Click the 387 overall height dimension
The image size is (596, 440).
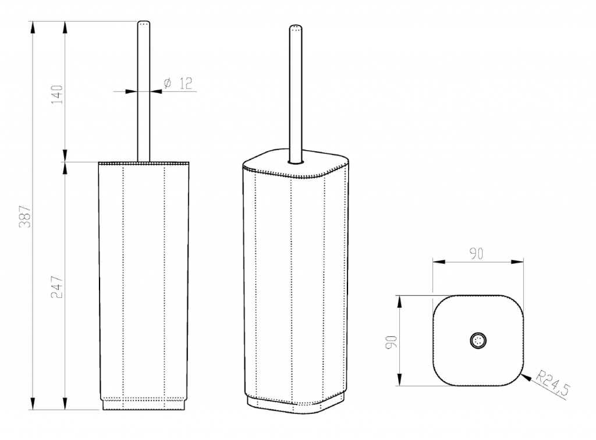pyautogui.click(x=25, y=216)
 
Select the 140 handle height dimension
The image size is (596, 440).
pyautogui.click(x=57, y=95)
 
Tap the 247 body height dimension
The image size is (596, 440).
pyautogui.click(x=57, y=287)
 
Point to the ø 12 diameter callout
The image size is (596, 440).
pyautogui.click(x=178, y=83)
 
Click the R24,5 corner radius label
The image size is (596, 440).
pyautogui.click(x=554, y=384)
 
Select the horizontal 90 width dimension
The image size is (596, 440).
pyautogui.click(x=476, y=253)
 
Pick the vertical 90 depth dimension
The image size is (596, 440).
pyautogui.click(x=391, y=342)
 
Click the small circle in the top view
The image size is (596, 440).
pyautogui.click(x=478, y=340)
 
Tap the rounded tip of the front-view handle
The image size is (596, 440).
pyautogui.click(x=144, y=23)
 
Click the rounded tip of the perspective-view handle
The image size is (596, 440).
pyautogui.click(x=296, y=28)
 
